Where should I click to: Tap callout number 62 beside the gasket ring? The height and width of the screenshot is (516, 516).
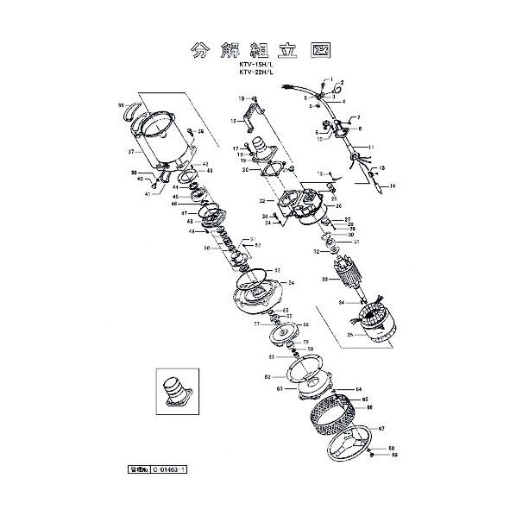pos(268,376)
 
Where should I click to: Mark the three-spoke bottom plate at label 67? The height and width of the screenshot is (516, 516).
pos(339,446)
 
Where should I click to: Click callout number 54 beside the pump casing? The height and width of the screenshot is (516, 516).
pos(291,283)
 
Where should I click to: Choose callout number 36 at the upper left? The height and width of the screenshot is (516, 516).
pos(120,106)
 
